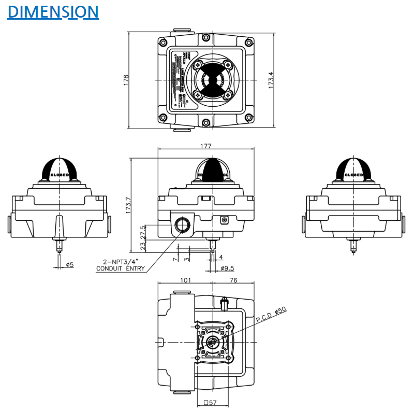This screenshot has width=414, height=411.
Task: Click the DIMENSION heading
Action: tap(53, 11)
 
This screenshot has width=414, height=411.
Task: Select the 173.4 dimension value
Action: tap(271, 80)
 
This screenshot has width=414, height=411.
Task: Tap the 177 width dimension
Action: tap(206, 147)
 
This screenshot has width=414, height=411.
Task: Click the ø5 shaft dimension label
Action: tap(70, 265)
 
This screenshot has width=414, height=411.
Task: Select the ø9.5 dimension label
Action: tap(227, 268)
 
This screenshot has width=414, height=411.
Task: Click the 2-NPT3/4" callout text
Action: tap(121, 262)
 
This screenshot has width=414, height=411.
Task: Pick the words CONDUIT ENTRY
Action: tap(121, 268)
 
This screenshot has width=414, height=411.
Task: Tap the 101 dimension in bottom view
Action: tap(186, 280)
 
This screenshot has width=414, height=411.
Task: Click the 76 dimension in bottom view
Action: tap(233, 280)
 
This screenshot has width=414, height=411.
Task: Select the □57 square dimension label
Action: tap(210, 402)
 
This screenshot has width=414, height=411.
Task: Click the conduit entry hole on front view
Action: tap(182, 224)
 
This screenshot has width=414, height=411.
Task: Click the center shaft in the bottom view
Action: tap(212, 343)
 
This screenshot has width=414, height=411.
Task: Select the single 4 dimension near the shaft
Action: tap(221, 257)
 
